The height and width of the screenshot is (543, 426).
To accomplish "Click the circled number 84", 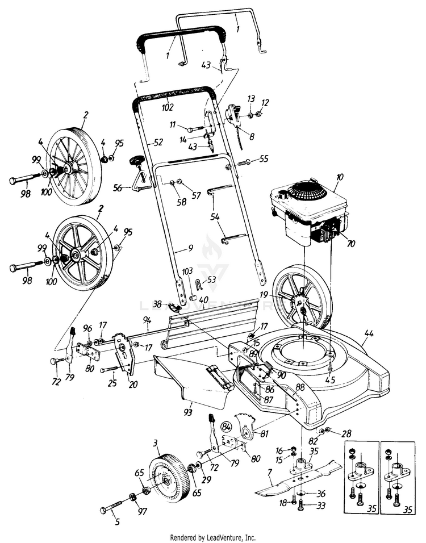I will (227, 426).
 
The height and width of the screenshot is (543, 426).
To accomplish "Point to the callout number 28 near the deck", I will (345, 434).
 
